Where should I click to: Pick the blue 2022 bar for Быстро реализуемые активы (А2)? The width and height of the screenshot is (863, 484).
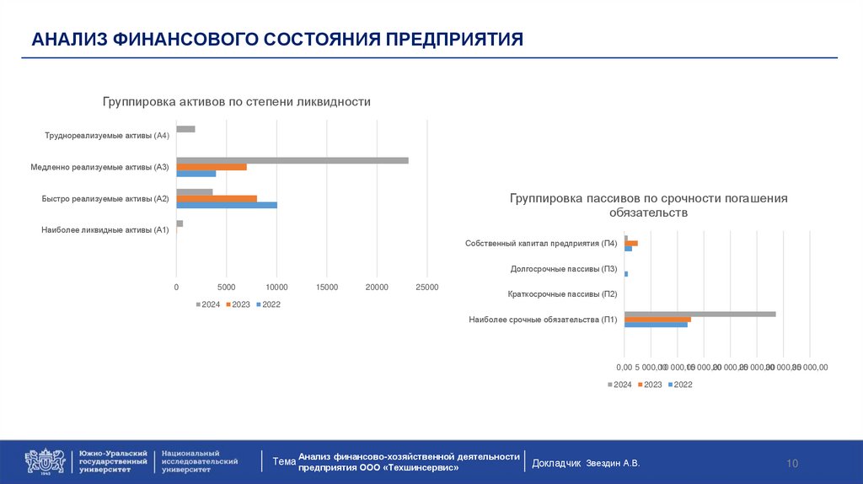pyautogui.click(x=227, y=205)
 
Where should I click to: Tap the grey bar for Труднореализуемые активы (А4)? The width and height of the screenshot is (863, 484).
pyautogui.click(x=185, y=129)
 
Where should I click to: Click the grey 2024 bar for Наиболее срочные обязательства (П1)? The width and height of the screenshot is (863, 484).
pyautogui.click(x=700, y=315)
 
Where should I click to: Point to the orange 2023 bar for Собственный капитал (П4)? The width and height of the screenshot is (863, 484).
pyautogui.click(x=631, y=243)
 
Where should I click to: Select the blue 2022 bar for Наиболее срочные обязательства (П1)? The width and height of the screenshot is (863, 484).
pyautogui.click(x=656, y=325)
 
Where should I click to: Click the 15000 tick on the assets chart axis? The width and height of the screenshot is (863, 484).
pyautogui.click(x=327, y=288)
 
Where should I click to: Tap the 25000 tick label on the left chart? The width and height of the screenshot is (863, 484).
pyautogui.click(x=427, y=288)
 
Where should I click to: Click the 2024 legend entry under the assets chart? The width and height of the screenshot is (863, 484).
pyautogui.click(x=207, y=304)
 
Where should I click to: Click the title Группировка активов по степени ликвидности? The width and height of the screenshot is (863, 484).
pyautogui.click(x=237, y=102)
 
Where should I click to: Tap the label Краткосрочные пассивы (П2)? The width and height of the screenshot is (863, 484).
pyautogui.click(x=563, y=294)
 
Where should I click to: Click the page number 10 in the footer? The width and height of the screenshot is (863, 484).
pyautogui.click(x=792, y=463)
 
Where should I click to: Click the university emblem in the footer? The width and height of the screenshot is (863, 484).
pyautogui.click(x=45, y=462)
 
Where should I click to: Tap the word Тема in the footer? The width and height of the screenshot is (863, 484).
pyautogui.click(x=283, y=461)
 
